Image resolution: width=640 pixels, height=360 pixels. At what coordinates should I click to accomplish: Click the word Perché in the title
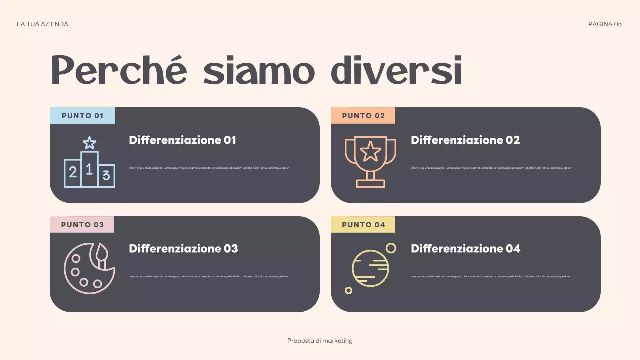[x=119, y=71]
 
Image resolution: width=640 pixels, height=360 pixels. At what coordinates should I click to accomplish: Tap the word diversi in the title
[x=396, y=71]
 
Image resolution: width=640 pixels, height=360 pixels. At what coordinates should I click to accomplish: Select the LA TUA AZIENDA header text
[x=42, y=24]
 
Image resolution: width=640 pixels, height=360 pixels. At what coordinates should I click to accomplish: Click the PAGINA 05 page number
[x=605, y=24]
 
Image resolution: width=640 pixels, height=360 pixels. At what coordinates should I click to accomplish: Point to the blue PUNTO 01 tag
[x=82, y=116]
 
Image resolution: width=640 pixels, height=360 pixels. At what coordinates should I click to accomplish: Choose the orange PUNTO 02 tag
[x=363, y=116]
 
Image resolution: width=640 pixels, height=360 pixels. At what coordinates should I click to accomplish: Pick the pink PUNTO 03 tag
[x=82, y=225]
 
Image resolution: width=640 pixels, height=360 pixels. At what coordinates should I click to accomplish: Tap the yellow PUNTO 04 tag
[x=363, y=225]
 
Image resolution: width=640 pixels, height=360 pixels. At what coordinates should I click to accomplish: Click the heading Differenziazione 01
[x=182, y=140]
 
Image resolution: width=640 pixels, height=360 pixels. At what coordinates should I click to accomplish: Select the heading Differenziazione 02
[x=465, y=140]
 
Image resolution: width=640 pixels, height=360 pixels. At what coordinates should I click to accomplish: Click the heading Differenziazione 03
[x=183, y=249]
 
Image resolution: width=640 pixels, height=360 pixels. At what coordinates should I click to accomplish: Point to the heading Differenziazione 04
[x=465, y=249]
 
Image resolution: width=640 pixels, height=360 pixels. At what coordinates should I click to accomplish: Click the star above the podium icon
[x=89, y=143]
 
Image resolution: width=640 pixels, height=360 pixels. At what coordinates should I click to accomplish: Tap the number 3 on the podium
[x=106, y=175]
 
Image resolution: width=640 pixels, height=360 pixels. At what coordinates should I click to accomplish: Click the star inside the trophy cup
[x=370, y=151]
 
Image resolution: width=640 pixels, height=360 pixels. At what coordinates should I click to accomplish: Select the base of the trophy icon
[x=370, y=183]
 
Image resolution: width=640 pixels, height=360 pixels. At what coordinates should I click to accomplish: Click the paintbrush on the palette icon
[x=102, y=254]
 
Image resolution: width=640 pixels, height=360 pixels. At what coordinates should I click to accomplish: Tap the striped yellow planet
[x=370, y=268]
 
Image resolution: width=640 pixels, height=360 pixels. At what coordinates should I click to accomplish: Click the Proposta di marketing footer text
[x=320, y=341]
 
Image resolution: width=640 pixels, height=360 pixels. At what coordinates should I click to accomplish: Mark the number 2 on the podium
[x=73, y=173]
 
